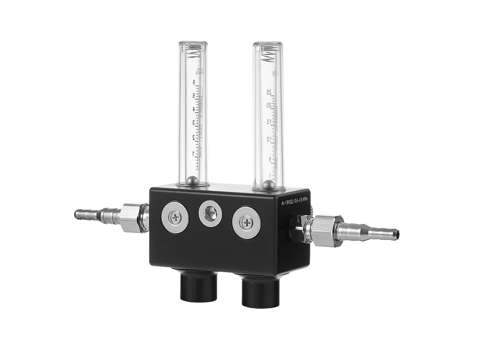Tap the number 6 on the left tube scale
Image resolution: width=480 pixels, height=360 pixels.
coord(194,82)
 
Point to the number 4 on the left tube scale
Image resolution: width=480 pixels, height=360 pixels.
coord(194,109)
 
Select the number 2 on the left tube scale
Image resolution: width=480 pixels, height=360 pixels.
coord(194,137)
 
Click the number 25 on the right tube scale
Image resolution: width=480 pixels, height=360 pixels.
coord(270,92)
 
